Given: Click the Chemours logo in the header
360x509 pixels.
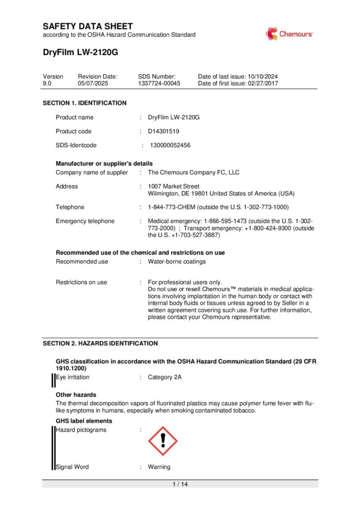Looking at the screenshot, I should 289,34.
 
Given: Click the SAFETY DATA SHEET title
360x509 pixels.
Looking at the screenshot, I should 88,26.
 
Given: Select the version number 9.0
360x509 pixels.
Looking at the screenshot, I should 47,84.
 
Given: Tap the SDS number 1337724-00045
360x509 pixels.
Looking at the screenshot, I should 159,84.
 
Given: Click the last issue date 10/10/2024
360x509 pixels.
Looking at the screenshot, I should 263,77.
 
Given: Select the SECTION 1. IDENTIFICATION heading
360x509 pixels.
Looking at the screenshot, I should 85,103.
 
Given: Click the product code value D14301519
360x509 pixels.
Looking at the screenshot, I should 164,131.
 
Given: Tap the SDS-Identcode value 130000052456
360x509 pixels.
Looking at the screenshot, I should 170,146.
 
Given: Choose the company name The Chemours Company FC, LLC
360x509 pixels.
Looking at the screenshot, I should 193,172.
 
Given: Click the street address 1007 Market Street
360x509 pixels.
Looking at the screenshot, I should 174,186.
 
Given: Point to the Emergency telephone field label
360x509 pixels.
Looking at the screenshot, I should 85,221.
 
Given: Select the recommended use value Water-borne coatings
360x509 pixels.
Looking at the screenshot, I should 177,261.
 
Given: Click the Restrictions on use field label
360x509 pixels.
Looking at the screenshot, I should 81,282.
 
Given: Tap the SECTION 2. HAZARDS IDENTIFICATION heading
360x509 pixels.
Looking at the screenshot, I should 100,343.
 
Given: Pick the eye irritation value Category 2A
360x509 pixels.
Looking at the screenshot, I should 165,377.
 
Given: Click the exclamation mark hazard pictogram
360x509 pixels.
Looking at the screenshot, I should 163,440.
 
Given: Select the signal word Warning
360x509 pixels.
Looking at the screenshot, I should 159,467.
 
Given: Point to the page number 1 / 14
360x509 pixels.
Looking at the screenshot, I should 180,484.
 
